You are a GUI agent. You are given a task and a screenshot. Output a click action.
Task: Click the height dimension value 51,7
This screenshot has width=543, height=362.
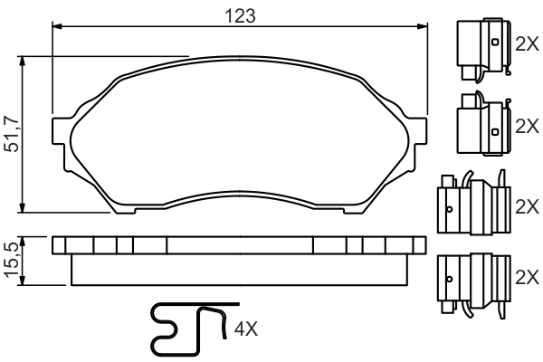click(12, 134)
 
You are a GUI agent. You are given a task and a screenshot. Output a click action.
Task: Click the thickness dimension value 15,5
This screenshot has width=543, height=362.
click(12, 261)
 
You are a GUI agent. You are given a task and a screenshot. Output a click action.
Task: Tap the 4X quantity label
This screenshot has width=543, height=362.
click(246, 329)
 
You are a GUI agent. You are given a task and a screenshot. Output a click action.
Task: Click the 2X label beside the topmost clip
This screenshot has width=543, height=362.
click(526, 44)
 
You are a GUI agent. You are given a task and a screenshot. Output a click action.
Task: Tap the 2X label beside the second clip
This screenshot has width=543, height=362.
click(526, 126)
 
